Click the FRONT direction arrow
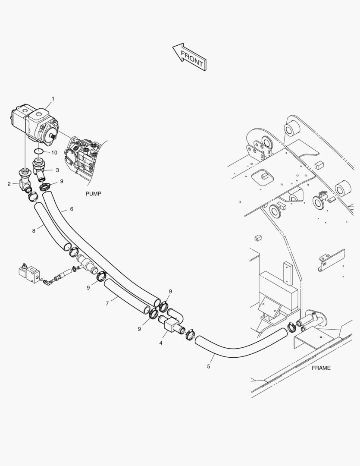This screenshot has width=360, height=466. (x=190, y=57)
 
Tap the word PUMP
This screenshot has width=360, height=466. (x=94, y=194)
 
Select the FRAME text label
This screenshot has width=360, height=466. (x=321, y=368)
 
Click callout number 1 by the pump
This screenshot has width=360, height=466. (x=53, y=99)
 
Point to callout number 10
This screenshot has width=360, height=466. (x=54, y=152)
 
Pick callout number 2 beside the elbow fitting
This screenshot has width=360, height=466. (x=9, y=184)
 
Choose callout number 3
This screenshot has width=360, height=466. (x=57, y=170)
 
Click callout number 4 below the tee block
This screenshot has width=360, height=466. (x=161, y=343)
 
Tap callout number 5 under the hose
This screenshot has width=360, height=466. (x=209, y=366)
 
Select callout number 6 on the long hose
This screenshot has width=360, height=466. (x=72, y=209)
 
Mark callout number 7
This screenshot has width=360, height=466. (x=107, y=304)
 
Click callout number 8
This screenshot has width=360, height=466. (x=34, y=230)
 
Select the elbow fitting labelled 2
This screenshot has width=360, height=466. (x=25, y=181)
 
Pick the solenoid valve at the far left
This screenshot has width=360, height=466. (x=29, y=273)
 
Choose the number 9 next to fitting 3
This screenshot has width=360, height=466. (x=62, y=181)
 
